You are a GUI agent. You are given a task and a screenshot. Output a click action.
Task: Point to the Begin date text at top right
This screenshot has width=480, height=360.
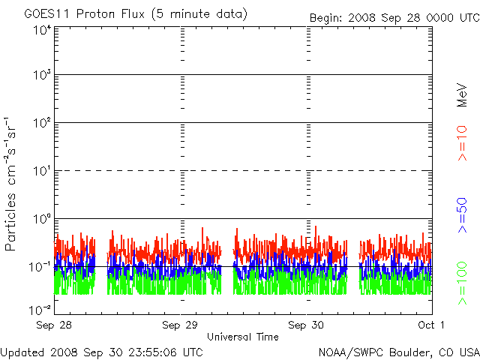tap(394, 18)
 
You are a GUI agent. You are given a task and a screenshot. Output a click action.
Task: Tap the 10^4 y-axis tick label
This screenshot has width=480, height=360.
tap(42, 31)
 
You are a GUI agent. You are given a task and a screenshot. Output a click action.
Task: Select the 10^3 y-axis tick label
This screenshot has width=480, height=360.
tap(42, 75)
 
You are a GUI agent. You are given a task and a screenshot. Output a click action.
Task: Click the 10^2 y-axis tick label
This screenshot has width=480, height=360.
tap(42, 123)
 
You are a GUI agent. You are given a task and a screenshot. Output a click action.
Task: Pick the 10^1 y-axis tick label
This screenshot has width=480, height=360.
tap(42, 171)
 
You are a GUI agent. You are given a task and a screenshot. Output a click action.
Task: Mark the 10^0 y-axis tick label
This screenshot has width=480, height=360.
tap(42, 219)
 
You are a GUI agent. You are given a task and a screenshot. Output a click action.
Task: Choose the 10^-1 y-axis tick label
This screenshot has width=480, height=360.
tap(40, 267)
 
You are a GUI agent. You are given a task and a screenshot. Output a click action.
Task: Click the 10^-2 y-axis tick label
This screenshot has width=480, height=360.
tap(40, 310)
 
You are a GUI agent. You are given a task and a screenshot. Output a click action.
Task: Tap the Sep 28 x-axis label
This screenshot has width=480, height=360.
tap(54, 325)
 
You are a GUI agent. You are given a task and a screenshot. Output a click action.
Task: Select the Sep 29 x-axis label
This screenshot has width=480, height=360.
tap(180, 325)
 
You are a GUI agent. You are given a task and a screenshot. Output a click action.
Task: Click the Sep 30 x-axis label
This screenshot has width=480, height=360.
tap(306, 325)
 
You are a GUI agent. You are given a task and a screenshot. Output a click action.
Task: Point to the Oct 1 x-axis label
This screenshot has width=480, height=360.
tap(431, 325)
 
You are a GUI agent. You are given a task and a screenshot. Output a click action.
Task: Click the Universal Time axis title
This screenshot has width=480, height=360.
tap(243, 337)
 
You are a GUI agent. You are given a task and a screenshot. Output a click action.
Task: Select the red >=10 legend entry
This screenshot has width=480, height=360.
tap(462, 143)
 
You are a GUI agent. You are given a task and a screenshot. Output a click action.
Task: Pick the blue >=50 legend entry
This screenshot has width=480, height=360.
tap(462, 215)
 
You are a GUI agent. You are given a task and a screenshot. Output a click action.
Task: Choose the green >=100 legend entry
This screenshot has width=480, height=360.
tap(462, 283)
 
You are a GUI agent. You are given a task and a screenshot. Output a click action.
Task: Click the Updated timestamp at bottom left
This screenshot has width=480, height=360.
tap(102, 352)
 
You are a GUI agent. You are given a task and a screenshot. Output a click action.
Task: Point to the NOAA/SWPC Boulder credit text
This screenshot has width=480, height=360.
tap(399, 352)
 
